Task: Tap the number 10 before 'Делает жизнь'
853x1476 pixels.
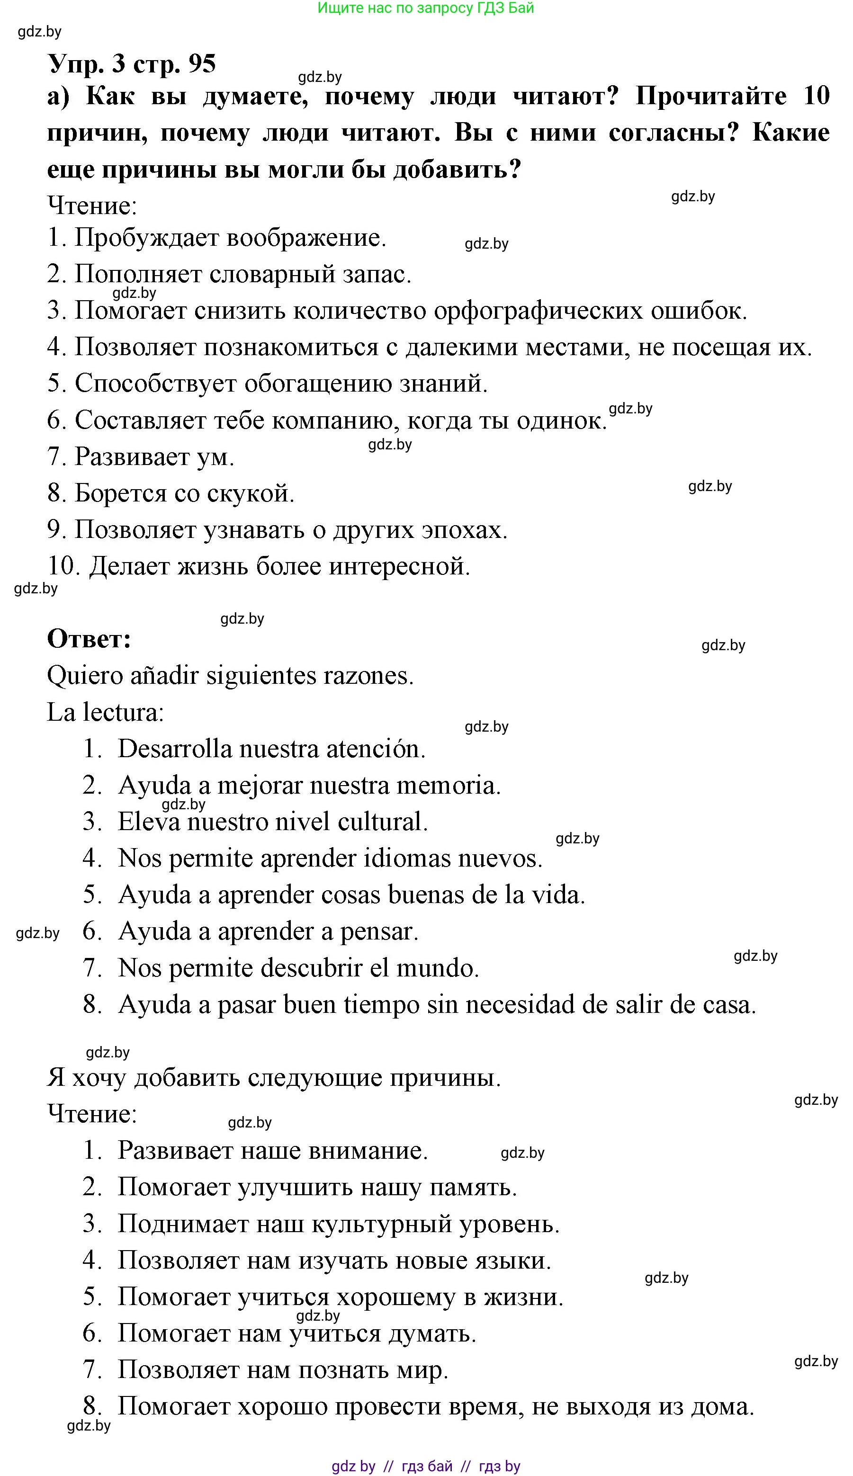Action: click(x=63, y=566)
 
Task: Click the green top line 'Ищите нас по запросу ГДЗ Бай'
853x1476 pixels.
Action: click(x=426, y=8)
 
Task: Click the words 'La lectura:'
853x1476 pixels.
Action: click(x=106, y=713)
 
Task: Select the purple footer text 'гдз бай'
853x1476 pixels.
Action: click(x=427, y=1466)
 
